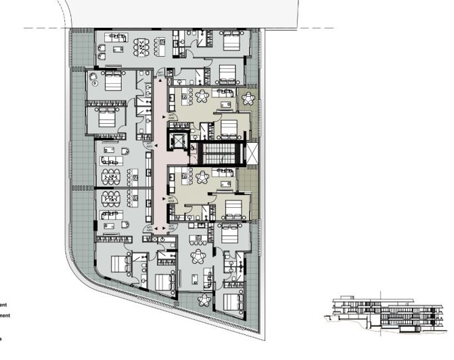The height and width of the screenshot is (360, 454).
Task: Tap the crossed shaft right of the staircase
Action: (x=252, y=152)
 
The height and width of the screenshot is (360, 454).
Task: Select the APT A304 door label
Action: (x=173, y=201)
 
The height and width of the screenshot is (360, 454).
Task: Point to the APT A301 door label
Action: (x=160, y=73)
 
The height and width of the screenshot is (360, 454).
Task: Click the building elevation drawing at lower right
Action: (x=385, y=313)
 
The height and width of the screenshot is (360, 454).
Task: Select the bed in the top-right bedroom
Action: (x=232, y=41)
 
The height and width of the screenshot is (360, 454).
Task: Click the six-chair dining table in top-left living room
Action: (x=143, y=47)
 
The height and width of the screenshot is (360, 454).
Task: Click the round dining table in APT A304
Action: (x=203, y=177)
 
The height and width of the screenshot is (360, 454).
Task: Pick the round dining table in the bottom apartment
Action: (x=199, y=257)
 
